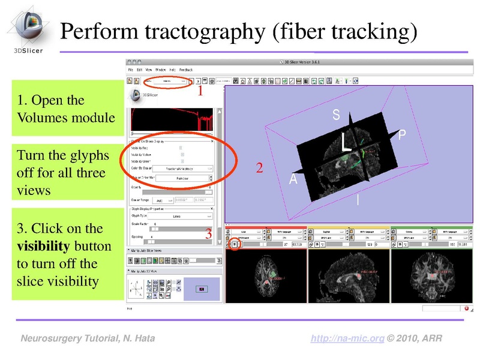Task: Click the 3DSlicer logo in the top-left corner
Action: click(26, 28)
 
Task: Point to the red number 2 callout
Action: click(259, 169)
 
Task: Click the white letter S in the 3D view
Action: click(336, 116)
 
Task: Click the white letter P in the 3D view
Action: click(401, 137)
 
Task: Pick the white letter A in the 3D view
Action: click(294, 179)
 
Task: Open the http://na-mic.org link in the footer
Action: click(347, 339)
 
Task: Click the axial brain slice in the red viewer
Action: click(266, 277)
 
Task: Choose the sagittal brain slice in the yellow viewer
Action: click(348, 277)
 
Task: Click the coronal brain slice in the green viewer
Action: click(430, 277)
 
